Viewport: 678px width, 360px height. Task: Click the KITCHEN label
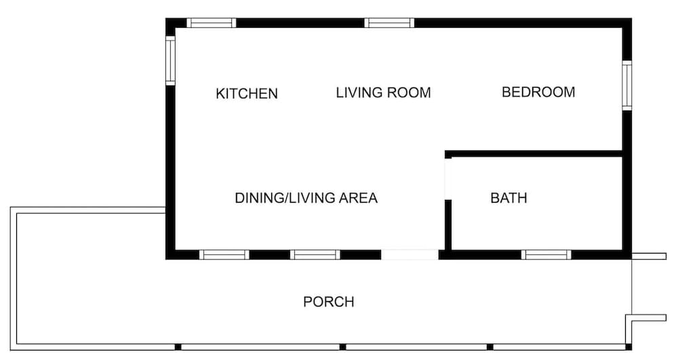[x=247, y=94]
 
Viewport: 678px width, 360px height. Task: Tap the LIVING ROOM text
[x=384, y=92]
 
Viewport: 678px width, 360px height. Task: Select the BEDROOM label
[x=538, y=92]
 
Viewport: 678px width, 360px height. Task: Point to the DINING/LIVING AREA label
[x=306, y=198]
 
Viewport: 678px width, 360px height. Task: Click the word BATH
[x=509, y=198]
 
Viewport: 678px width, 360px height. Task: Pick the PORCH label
[x=329, y=302]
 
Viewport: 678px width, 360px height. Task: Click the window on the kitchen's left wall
[x=170, y=60]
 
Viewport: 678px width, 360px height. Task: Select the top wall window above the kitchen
[x=212, y=23]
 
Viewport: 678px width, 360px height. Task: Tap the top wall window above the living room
[x=389, y=23]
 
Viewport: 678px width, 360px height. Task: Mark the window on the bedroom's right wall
[x=627, y=85]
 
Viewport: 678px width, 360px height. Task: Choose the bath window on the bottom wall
[x=546, y=254]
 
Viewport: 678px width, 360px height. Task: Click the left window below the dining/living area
[x=224, y=254]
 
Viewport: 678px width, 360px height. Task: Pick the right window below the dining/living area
[x=315, y=254]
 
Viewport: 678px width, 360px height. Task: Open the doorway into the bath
[x=448, y=179]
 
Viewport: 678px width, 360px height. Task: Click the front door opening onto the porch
[x=410, y=254]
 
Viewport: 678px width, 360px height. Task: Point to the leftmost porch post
[x=178, y=347]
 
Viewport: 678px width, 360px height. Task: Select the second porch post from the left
[x=343, y=347]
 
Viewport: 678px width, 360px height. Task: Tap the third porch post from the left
[x=490, y=347]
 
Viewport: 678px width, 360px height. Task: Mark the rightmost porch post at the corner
[x=629, y=347]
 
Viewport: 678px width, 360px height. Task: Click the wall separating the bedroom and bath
[x=534, y=154]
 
